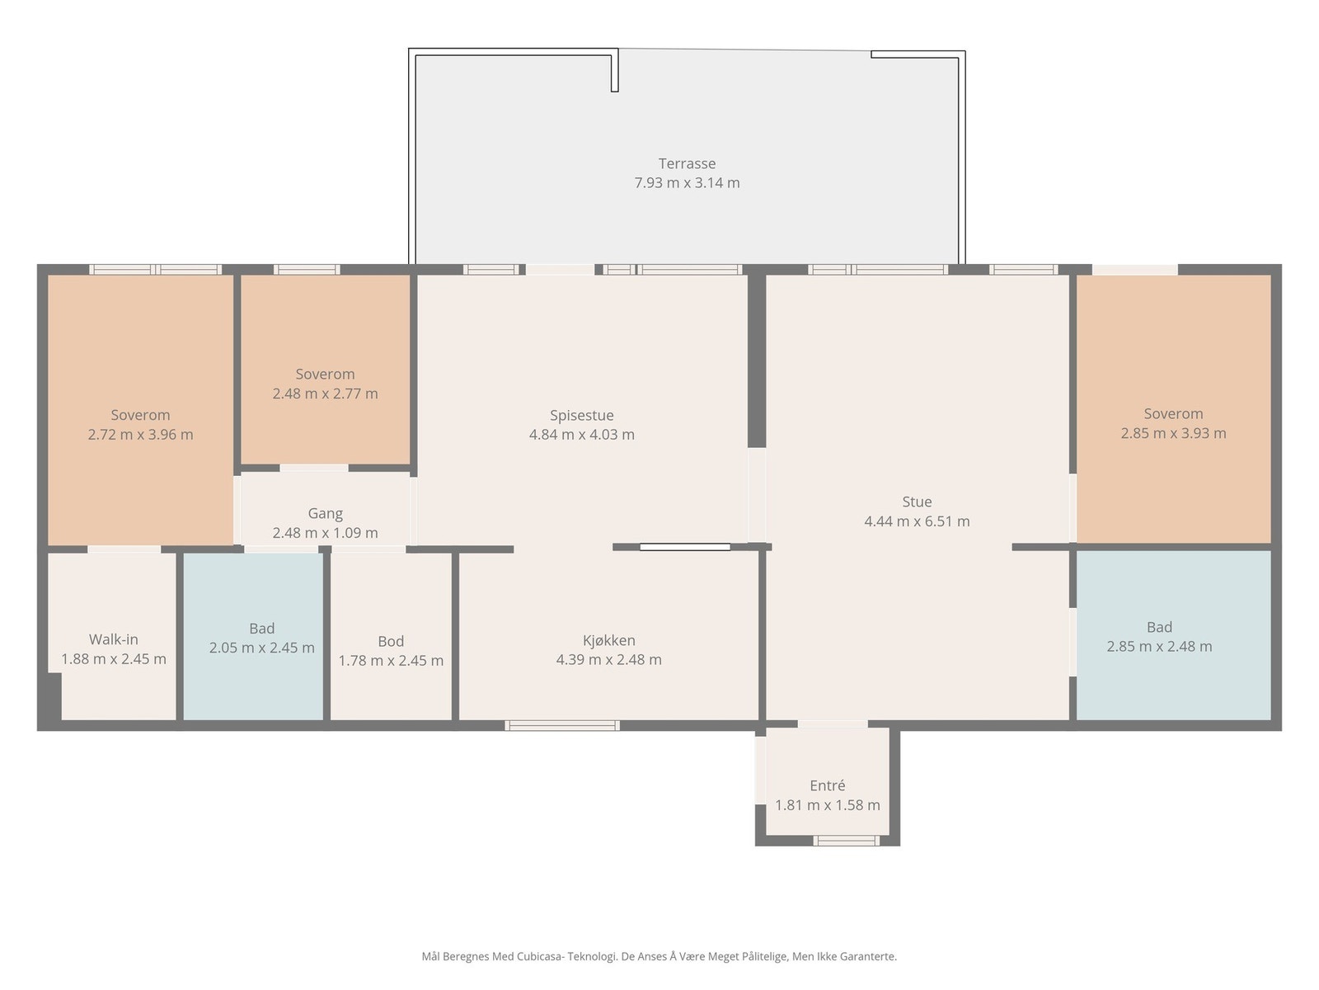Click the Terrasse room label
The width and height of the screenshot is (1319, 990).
[687, 163]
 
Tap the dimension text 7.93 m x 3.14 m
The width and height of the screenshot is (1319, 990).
[687, 182]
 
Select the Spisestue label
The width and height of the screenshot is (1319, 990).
[582, 415]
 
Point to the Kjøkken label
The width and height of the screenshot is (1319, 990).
[608, 641]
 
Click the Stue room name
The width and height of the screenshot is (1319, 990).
[917, 502]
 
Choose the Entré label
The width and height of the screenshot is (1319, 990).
[828, 785]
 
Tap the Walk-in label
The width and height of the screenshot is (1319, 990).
[114, 639]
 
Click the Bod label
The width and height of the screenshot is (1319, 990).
[391, 641]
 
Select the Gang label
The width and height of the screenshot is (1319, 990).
[325, 514]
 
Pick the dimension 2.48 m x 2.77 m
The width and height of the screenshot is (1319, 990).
[325, 394]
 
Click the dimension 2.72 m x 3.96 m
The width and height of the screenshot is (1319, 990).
[141, 435]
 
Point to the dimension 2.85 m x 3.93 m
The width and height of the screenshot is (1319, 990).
[1173, 433]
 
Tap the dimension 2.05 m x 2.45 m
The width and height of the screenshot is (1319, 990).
[262, 648]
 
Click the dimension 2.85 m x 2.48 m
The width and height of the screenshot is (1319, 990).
[1159, 647]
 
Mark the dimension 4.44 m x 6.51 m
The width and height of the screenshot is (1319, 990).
[917, 521]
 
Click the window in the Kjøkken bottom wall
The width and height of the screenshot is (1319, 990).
[562, 725]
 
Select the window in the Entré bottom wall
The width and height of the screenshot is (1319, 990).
[847, 841]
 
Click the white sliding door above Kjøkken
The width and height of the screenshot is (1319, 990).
[685, 547]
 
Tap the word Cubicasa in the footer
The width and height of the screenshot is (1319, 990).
[541, 956]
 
